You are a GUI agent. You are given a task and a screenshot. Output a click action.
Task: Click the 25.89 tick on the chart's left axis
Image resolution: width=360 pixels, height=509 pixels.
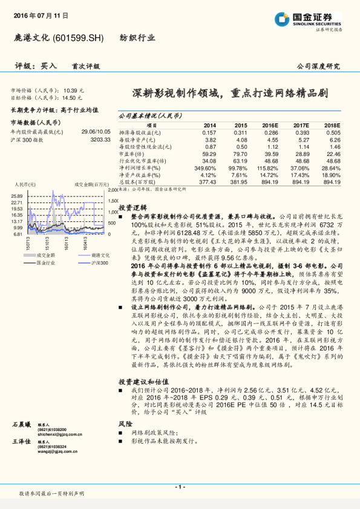[16, 196]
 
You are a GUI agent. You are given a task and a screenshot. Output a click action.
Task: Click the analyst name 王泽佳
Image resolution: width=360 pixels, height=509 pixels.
[21, 443]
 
